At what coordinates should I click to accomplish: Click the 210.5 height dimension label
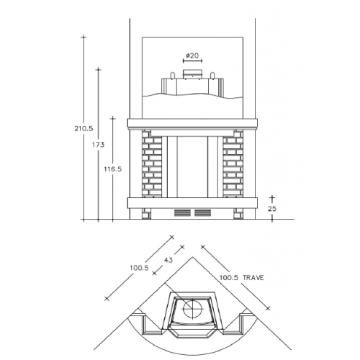coord(84,129)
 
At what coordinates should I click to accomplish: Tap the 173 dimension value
coord(99,145)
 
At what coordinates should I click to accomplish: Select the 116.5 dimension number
coord(113,169)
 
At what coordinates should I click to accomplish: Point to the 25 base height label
coord(272,209)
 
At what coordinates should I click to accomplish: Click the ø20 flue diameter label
coord(192,55)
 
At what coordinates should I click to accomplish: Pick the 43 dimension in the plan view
coord(168,260)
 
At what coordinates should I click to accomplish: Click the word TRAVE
coord(253,278)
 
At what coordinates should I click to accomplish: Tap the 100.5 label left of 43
coord(140,267)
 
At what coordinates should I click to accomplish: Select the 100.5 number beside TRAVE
coord(229,278)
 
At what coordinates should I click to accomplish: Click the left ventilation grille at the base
coord(182,213)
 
